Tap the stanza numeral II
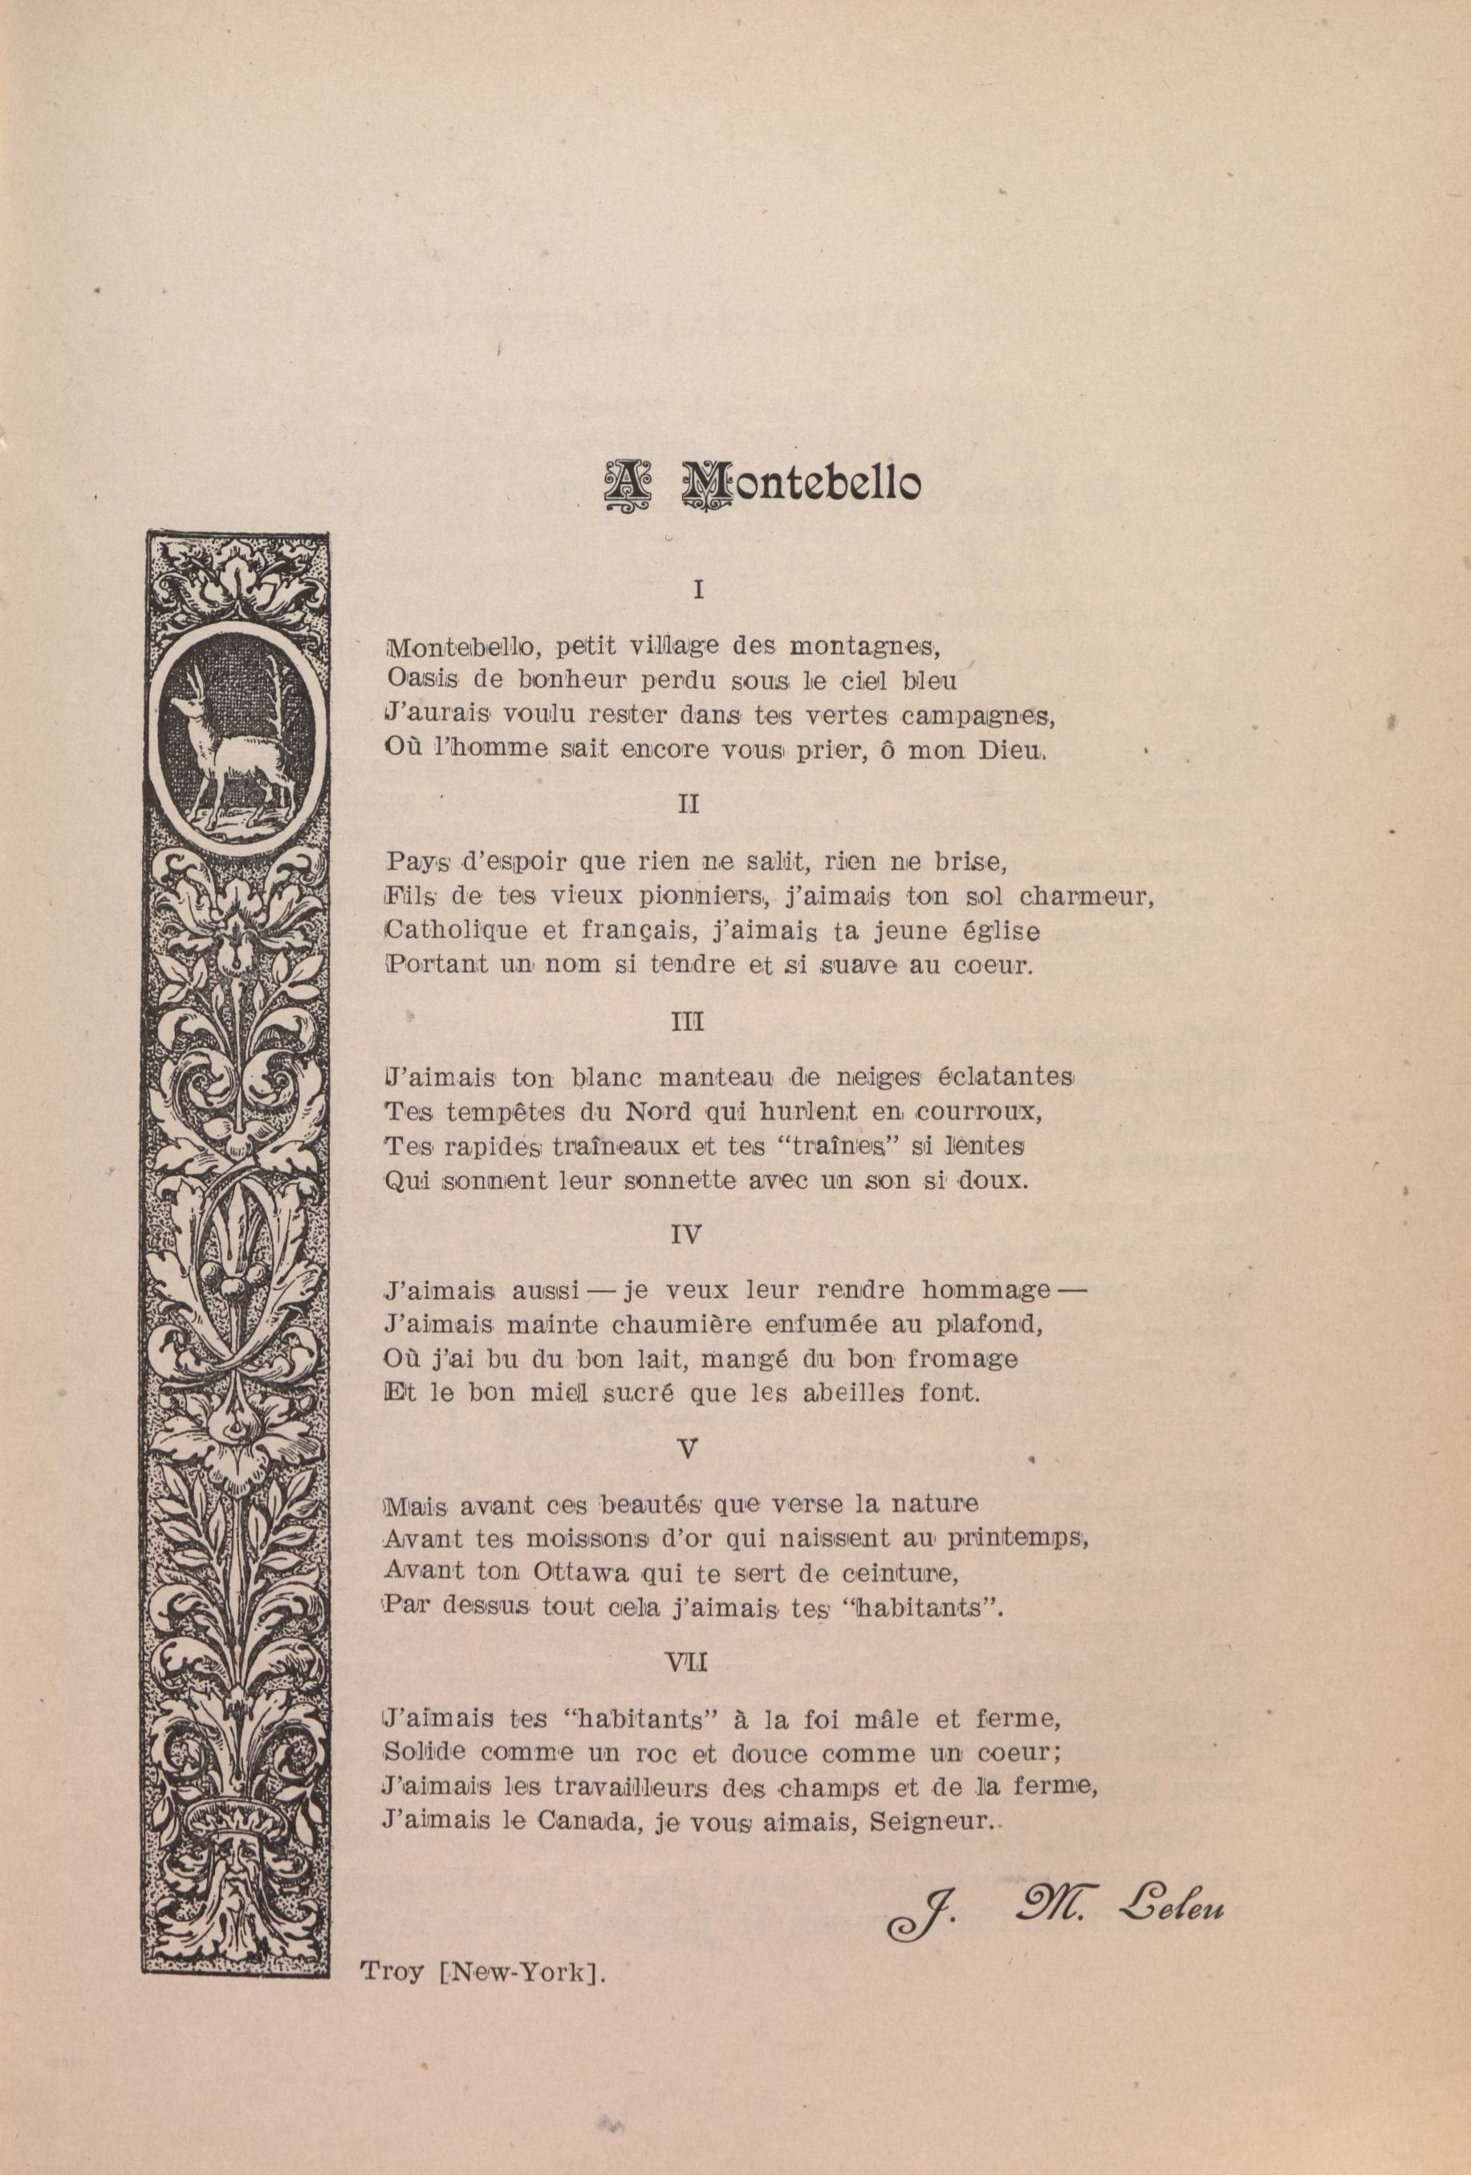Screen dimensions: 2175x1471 click(x=688, y=804)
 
